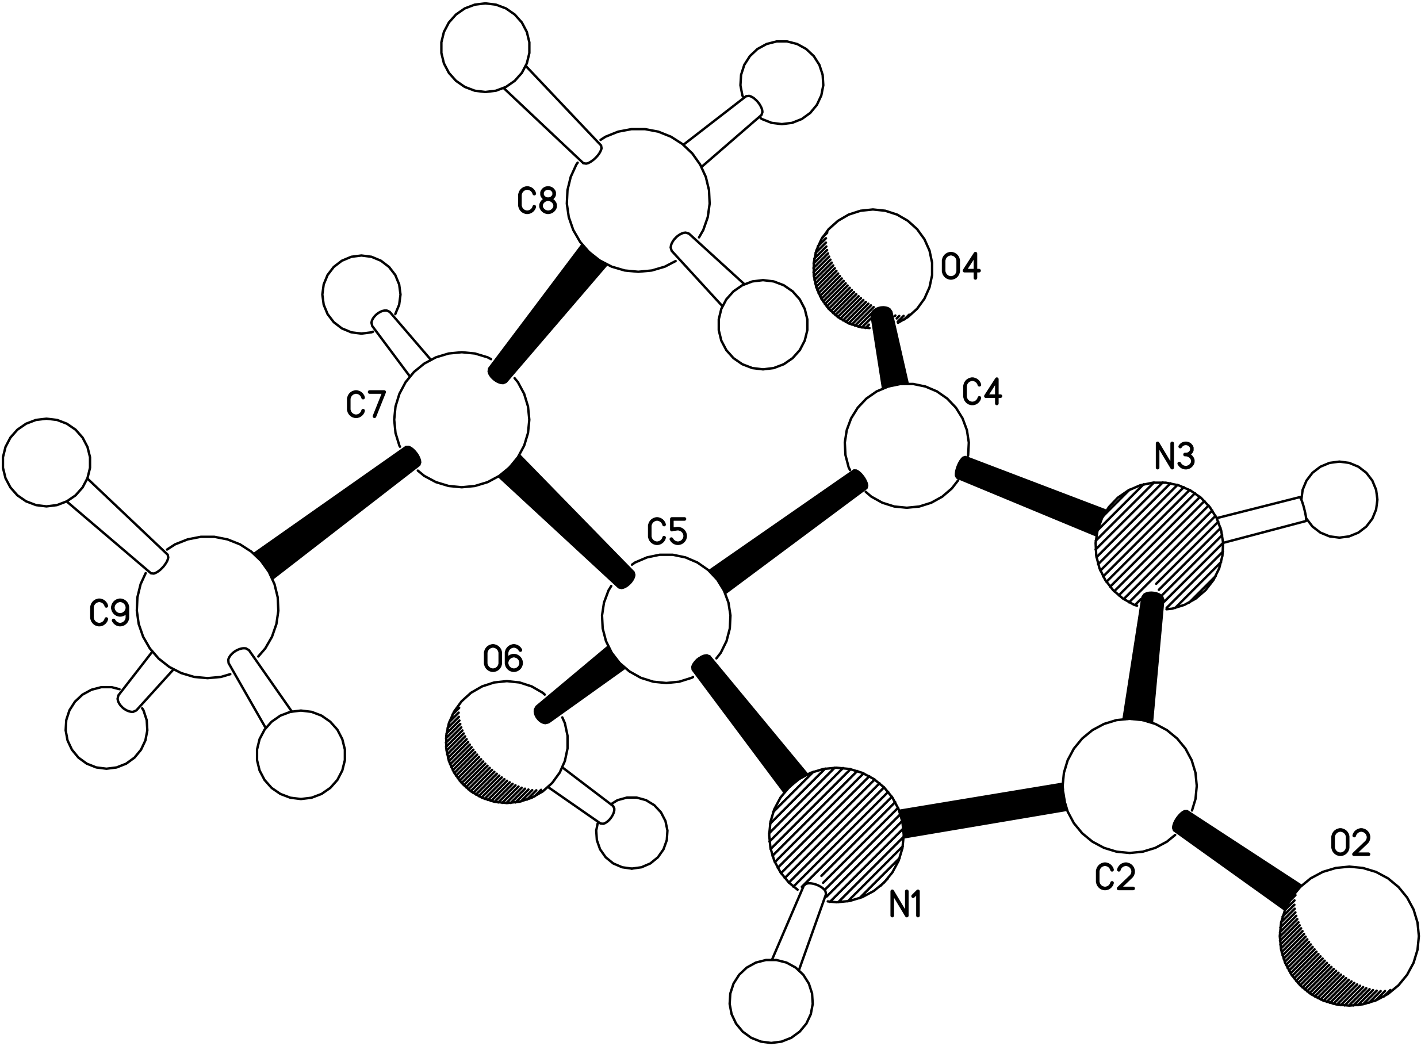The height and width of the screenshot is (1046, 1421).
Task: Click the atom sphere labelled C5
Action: point(665,618)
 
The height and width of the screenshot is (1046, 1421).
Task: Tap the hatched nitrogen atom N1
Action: point(835,834)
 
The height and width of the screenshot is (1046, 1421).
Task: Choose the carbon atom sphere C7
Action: point(462,419)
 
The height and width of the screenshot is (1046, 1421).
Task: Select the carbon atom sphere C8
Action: point(638,200)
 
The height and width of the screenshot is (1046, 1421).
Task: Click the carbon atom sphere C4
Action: point(907,446)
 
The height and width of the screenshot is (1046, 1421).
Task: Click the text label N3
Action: point(1175,457)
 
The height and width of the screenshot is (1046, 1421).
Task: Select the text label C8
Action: point(537,201)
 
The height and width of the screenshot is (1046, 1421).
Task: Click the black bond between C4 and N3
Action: point(1032,496)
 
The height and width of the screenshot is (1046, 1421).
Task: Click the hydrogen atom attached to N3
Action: point(1339,500)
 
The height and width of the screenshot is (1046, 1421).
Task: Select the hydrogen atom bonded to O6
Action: point(631,832)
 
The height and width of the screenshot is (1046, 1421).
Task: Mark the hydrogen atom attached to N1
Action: point(771,1000)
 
